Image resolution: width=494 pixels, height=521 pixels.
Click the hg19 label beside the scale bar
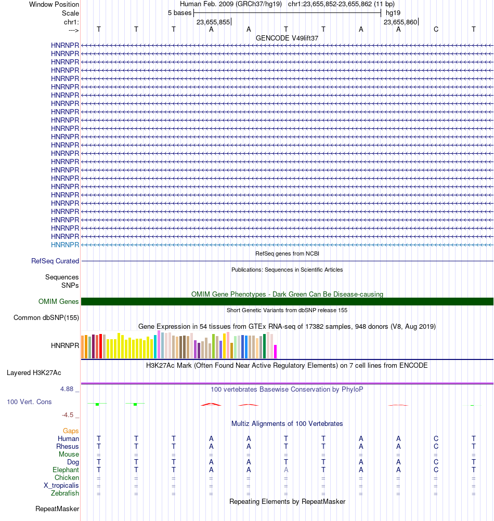pos(393,12)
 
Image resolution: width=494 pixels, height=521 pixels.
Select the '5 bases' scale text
pos(179,12)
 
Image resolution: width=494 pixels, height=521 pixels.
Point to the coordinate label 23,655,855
pos(213,22)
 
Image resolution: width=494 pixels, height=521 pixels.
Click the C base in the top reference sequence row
pos(436,29)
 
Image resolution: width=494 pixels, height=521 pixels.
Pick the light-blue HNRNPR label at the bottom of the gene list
pos(65,245)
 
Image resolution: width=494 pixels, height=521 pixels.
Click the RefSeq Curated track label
pos(55,261)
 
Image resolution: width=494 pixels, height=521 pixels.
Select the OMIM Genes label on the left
pos(59,301)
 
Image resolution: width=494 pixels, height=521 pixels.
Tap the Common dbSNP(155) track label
pos(46,318)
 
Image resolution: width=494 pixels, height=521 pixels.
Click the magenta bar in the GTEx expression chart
pos(276,351)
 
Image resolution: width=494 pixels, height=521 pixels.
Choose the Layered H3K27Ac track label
pos(34,372)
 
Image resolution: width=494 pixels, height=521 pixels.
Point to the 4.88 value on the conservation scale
pos(69,388)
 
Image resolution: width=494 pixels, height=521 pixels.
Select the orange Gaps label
pos(71,431)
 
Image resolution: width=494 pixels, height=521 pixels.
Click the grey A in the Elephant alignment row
pos(286,470)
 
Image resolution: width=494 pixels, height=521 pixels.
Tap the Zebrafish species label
pos(65,493)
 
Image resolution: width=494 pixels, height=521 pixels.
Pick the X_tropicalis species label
pos(61,485)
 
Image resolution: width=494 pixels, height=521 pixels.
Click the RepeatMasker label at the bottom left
pos(57,509)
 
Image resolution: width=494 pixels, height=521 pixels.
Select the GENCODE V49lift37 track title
pos(287,38)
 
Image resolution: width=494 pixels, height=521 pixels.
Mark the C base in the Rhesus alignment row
pos(436,446)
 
